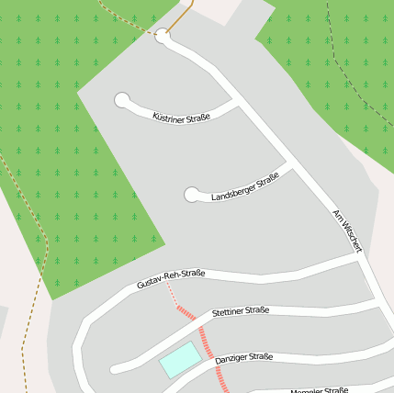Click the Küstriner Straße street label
(x=181, y=118)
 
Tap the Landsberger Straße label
(x=244, y=188)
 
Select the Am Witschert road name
(x=348, y=230)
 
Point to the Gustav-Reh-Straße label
(x=170, y=279)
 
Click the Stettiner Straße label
(x=240, y=311)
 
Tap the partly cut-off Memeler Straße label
(x=319, y=390)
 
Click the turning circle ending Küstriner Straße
(x=121, y=100)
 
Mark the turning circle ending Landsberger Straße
(x=192, y=195)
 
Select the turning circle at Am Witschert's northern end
(x=163, y=36)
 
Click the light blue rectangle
(x=180, y=359)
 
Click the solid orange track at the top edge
(x=183, y=15)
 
